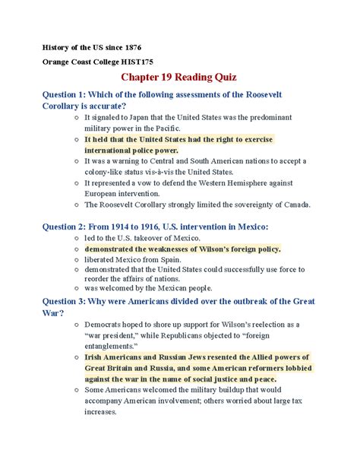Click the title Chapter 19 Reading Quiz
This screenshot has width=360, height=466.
[x=179, y=78]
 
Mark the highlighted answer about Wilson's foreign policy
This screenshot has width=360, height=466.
[x=182, y=248]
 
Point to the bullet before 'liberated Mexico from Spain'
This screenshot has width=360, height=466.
[x=75, y=259]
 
